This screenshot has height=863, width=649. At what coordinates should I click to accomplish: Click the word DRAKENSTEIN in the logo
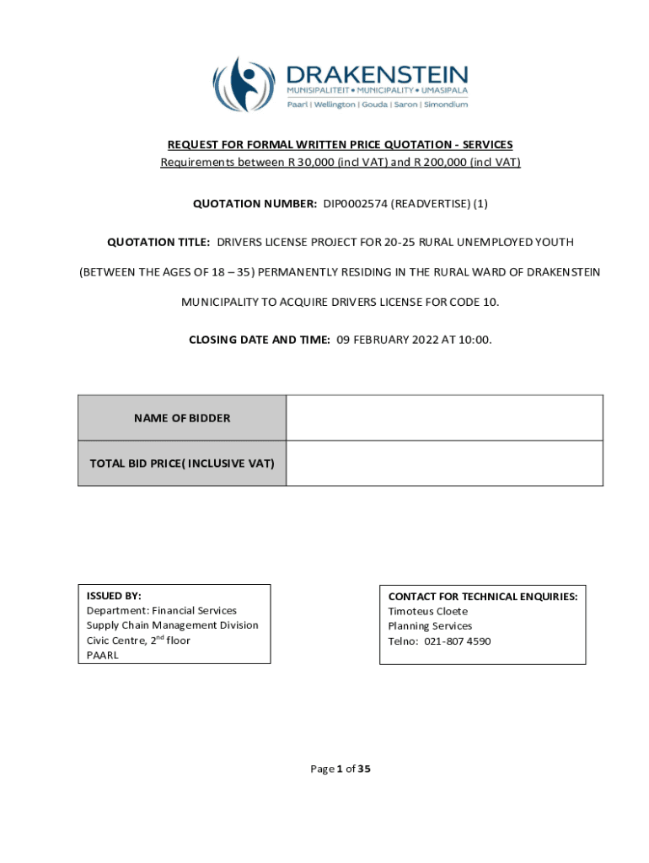pos(377,74)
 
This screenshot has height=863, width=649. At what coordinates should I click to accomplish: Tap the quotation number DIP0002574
pos(354,202)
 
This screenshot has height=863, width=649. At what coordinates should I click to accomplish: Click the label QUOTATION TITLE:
pos(158,242)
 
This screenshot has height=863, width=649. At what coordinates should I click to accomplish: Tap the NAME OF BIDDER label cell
pos(182,418)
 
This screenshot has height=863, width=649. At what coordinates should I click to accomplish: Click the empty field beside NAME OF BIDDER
pos(444,418)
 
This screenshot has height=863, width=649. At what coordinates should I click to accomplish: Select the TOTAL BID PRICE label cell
pos(182,463)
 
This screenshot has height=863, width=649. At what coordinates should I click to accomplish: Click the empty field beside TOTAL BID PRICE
pos(444,463)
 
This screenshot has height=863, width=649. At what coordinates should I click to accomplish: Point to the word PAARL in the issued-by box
pos(103,655)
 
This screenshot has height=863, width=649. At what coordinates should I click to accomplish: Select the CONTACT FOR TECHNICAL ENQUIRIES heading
pos(482,596)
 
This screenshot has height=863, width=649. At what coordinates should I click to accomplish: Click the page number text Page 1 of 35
pos(341,769)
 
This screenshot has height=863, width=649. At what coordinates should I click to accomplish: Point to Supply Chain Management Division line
pos(172,625)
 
